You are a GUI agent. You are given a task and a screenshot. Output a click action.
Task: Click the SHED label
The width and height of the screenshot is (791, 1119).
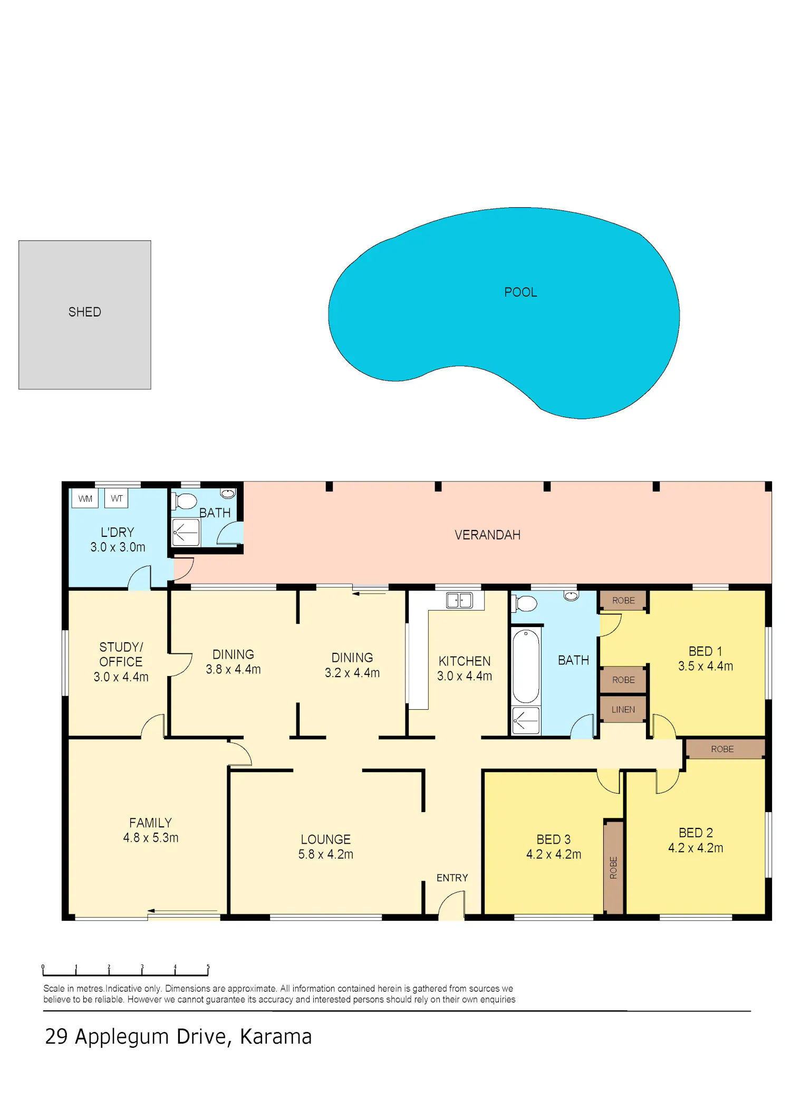(84, 312)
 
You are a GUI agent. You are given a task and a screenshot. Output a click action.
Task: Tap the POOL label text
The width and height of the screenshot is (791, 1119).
(520, 292)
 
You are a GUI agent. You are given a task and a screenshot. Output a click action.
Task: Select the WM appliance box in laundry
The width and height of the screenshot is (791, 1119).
(85, 498)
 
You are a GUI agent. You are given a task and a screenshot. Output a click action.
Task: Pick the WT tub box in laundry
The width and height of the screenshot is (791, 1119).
(117, 498)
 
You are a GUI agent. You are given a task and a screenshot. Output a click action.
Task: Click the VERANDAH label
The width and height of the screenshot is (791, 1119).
(487, 535)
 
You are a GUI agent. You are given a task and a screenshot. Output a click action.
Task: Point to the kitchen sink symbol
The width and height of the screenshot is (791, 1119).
(459, 600)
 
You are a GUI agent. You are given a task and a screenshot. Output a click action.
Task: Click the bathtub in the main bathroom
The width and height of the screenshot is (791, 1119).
(526, 667)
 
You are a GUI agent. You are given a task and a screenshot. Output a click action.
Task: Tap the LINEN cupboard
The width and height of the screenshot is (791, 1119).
(623, 709)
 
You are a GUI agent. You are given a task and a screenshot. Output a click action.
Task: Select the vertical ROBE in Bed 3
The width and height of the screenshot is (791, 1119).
(613, 867)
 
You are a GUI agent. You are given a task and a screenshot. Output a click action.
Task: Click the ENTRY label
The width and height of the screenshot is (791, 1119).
(452, 877)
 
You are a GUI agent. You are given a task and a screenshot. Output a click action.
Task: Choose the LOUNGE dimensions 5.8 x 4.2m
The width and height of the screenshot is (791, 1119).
(326, 854)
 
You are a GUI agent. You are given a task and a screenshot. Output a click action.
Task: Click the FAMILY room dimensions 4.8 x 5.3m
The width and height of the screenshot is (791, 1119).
(151, 837)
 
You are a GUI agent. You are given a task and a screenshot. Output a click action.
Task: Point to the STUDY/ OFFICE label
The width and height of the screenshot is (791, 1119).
(121, 654)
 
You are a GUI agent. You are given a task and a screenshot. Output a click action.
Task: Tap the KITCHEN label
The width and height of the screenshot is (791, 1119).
(465, 661)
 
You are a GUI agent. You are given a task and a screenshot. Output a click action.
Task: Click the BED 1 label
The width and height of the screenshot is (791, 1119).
(705, 651)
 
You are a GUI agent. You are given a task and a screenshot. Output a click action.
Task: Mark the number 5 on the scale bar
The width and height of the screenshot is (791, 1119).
(208, 967)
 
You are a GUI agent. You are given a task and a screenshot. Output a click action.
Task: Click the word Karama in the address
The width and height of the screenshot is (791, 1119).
(276, 1037)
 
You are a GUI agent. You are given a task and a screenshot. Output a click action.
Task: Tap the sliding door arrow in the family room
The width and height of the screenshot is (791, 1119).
(182, 911)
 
